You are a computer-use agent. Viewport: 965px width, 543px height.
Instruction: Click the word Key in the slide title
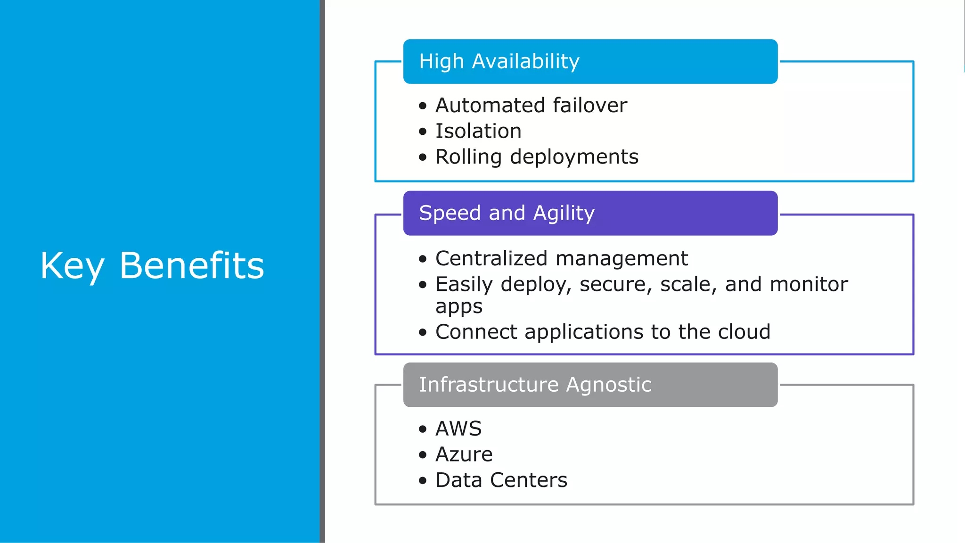click(72, 266)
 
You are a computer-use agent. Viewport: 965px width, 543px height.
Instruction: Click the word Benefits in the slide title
click(191, 265)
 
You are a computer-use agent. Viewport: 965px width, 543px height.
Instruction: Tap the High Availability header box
click(590, 62)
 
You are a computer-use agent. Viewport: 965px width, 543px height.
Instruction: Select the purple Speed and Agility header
click(590, 213)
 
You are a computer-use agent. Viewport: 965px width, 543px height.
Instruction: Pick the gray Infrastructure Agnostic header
click(590, 385)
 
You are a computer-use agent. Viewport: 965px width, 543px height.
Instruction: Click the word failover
click(589, 105)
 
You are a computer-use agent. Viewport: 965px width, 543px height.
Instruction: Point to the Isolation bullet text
click(478, 131)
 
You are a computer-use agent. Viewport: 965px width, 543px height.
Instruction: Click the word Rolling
click(468, 157)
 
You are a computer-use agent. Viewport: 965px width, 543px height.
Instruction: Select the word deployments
click(574, 157)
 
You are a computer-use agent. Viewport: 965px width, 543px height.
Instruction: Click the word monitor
click(809, 284)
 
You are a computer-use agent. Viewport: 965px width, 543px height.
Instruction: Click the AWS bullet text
click(458, 428)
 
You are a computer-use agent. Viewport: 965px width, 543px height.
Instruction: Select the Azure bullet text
click(464, 454)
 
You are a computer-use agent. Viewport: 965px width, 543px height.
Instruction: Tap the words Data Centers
click(501, 480)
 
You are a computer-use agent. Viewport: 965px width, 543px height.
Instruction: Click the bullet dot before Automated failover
click(423, 106)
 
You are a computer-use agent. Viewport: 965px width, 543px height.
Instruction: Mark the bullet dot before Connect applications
click(423, 333)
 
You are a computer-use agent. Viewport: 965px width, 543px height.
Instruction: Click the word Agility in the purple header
click(564, 214)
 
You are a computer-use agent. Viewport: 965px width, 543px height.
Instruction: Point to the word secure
click(615, 284)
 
